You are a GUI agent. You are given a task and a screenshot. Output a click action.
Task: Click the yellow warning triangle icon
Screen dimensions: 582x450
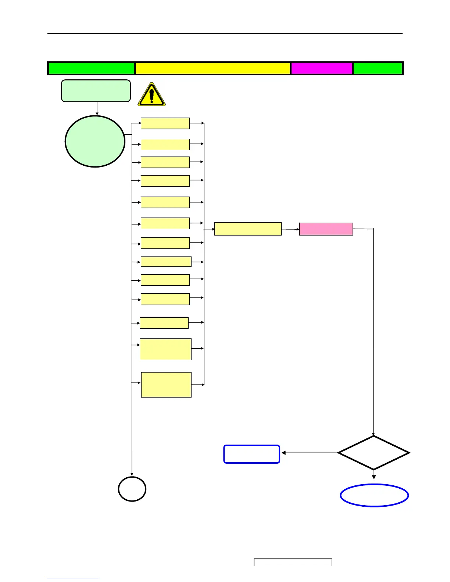click(x=151, y=95)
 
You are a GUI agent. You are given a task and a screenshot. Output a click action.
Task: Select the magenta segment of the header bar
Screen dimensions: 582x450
click(x=322, y=68)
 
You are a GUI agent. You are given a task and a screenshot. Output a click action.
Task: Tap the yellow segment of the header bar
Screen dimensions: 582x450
click(x=213, y=68)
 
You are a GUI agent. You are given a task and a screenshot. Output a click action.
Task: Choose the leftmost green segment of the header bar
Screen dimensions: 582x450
click(x=91, y=68)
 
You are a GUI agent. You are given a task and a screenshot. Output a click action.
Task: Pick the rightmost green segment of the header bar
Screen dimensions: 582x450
click(x=378, y=68)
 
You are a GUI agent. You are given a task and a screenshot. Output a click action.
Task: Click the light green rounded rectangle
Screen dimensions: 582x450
click(x=96, y=90)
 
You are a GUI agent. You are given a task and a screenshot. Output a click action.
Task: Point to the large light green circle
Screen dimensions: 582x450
click(x=95, y=141)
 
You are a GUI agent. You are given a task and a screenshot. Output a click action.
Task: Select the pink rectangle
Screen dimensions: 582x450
click(x=326, y=229)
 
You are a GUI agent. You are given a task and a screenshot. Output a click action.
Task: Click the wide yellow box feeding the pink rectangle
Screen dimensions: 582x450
click(x=248, y=229)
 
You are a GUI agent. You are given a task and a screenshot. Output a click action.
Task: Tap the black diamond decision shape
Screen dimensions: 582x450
click(x=374, y=453)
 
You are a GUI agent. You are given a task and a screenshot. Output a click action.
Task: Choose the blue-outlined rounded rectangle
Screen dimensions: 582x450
click(x=252, y=454)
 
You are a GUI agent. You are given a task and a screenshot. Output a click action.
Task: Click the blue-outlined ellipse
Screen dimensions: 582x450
click(x=374, y=495)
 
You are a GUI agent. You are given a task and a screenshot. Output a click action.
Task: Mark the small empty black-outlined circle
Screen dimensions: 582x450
click(x=132, y=489)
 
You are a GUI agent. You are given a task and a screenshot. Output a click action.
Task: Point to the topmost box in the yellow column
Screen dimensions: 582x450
click(x=165, y=123)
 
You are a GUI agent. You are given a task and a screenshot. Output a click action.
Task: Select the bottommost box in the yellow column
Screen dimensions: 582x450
click(x=166, y=385)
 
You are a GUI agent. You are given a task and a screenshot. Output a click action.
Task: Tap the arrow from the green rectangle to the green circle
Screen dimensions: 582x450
click(x=97, y=109)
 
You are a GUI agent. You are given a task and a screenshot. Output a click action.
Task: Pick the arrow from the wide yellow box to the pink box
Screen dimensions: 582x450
click(x=290, y=229)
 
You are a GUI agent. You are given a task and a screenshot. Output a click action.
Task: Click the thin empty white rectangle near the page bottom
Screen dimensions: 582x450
click(x=293, y=562)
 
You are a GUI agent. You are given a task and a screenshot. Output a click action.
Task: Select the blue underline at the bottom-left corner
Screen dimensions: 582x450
click(x=73, y=579)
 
